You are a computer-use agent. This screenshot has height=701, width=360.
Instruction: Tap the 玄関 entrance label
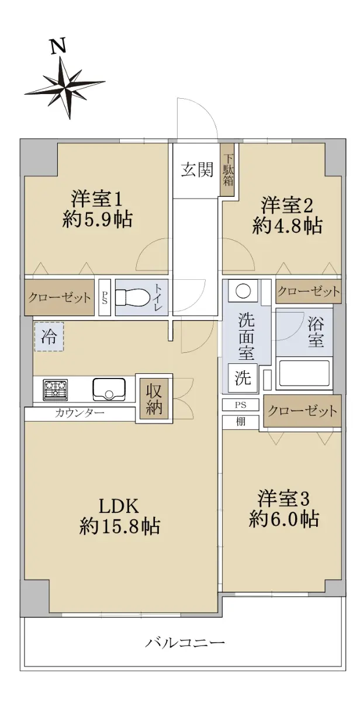197,170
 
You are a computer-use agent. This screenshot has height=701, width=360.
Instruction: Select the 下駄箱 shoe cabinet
228,169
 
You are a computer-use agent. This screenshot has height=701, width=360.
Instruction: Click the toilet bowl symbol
131,297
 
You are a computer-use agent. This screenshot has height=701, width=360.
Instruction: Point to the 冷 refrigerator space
49,336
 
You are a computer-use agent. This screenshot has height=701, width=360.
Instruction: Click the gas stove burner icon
56,389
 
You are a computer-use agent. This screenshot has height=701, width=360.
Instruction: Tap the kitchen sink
109,389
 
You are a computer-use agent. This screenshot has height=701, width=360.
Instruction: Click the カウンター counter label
79,413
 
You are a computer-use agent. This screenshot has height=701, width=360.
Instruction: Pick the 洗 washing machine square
243,378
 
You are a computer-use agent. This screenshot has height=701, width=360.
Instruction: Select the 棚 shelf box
241,422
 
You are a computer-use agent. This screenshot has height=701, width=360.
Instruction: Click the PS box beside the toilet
104,297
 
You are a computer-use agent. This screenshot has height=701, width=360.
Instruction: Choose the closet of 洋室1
60,297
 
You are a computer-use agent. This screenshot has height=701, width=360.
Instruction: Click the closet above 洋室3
302,411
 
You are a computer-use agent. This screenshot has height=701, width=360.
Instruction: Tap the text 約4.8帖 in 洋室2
287,225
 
